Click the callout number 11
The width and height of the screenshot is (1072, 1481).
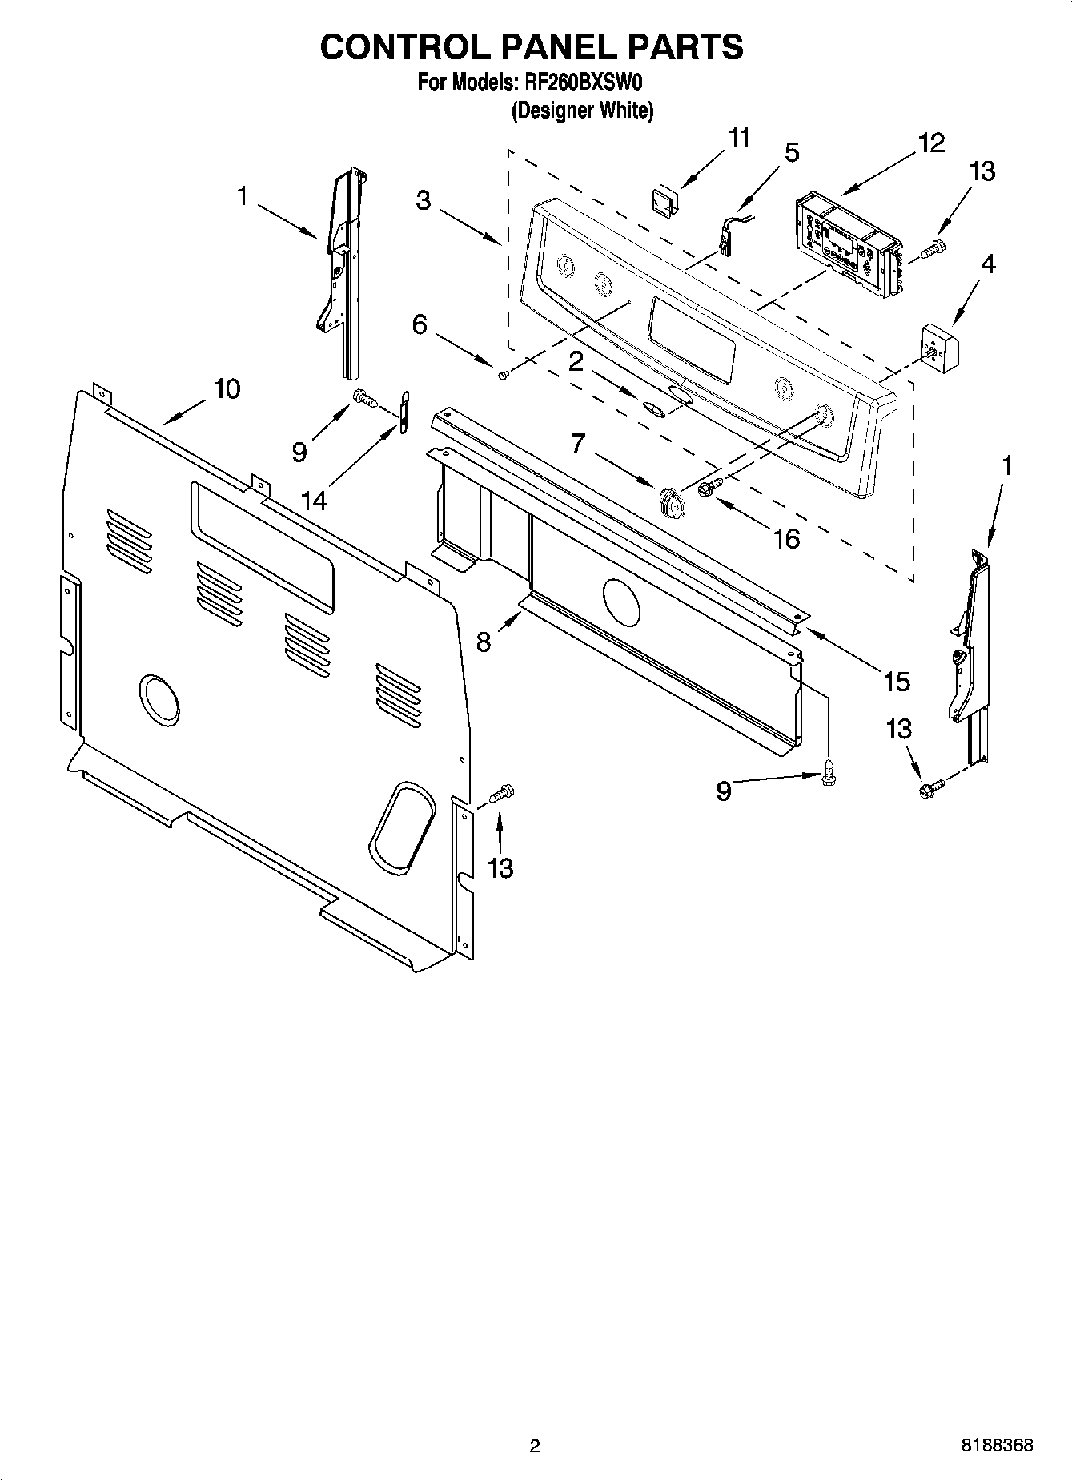(x=738, y=138)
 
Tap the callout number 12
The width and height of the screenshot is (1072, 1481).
(x=932, y=143)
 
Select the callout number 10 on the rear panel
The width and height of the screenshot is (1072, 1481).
(x=226, y=389)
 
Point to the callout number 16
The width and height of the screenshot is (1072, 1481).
(x=786, y=538)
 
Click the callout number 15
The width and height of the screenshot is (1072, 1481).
(x=897, y=682)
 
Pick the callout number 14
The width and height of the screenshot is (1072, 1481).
(x=314, y=501)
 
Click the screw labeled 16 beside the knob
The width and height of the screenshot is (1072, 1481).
(x=710, y=487)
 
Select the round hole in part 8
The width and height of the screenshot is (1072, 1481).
(x=620, y=602)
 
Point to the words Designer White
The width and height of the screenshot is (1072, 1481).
(x=582, y=111)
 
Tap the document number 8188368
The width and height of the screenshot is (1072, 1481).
(x=996, y=1446)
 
